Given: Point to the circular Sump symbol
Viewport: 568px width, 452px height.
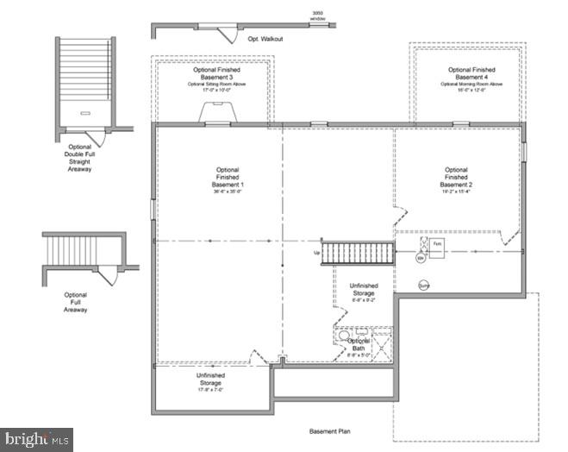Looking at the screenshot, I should click(424, 286).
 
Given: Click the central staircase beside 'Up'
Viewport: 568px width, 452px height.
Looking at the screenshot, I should click(358, 253).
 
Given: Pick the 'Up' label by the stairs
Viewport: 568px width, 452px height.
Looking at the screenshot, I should click(316, 253).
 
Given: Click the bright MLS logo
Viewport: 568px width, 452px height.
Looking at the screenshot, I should click(36, 440).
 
